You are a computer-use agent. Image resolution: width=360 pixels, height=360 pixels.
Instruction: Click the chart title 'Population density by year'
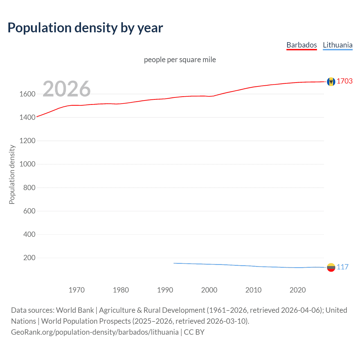85,28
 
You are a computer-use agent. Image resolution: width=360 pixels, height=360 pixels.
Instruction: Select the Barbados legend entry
301,45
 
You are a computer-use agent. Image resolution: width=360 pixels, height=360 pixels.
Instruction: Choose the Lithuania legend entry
337,45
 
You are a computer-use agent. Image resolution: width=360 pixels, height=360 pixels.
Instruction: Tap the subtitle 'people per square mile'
180,60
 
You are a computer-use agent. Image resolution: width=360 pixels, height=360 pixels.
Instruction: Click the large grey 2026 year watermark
67,89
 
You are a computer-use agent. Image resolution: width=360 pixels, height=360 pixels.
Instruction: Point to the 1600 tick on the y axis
27,94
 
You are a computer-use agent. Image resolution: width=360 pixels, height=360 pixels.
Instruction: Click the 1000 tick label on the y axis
27,164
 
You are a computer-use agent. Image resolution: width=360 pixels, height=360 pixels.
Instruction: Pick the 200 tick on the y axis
29,258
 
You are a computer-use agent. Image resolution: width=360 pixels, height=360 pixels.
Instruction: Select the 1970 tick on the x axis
76,290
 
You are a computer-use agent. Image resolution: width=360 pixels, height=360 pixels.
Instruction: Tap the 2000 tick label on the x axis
209,290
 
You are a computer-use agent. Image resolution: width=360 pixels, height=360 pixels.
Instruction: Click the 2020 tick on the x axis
298,290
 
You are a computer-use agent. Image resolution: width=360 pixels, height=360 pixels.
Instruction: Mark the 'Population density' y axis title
12,174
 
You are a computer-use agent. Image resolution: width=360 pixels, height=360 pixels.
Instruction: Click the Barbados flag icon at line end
331,82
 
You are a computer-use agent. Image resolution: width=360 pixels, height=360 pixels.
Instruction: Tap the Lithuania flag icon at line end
331,267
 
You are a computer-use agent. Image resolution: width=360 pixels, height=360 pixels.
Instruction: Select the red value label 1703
345,81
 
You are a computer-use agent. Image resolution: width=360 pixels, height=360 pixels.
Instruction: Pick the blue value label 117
343,267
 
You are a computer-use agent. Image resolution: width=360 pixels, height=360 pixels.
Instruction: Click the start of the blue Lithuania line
174,263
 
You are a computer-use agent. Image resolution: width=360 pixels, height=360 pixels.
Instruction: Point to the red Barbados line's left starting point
37,116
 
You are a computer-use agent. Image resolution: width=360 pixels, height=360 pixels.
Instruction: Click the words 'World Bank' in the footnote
75,310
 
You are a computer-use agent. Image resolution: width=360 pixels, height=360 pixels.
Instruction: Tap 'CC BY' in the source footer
194,332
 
